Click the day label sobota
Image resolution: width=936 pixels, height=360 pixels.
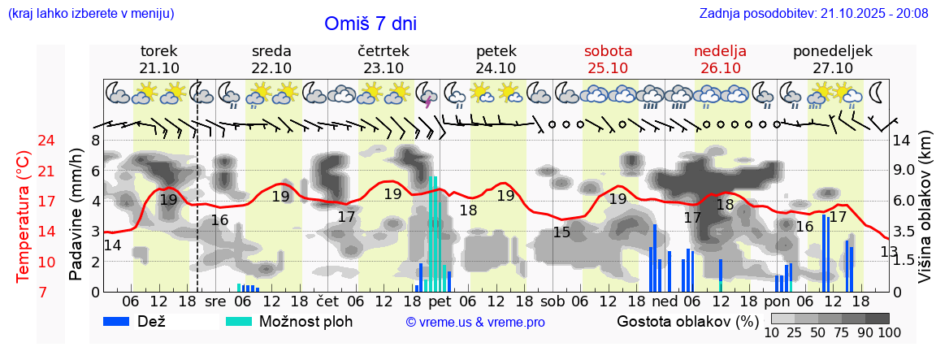tap(608, 51)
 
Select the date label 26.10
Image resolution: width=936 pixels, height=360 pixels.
tap(720, 67)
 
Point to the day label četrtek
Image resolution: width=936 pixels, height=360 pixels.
tap(383, 51)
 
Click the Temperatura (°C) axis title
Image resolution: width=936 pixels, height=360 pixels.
tap(24, 215)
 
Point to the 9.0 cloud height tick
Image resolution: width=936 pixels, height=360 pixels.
tap(903, 171)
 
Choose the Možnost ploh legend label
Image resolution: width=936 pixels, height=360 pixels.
tap(305, 321)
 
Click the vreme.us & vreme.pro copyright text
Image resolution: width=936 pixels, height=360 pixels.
tap(475, 322)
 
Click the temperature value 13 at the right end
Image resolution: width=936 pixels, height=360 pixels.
tap(889, 252)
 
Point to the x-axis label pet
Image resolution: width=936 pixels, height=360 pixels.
tap(440, 301)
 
